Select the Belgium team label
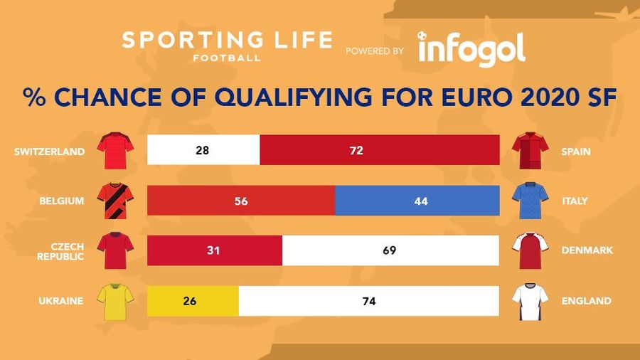pyautogui.click(x=62, y=201)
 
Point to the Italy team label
pyautogui.click(x=574, y=201)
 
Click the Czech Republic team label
pyautogui.click(x=60, y=250)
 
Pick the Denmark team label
pyautogui.click(x=585, y=250)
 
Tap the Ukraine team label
pyautogui.click(x=61, y=301)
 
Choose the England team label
pyautogui.click(x=586, y=301)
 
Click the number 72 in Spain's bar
pyautogui.click(x=356, y=151)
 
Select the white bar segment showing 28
pyautogui.click(x=203, y=151)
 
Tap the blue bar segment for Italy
pyautogui.click(x=417, y=201)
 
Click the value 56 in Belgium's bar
pyautogui.click(x=240, y=201)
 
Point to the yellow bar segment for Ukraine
pyautogui.click(x=193, y=301)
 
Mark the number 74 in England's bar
pyautogui.click(x=368, y=301)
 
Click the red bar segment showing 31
pyautogui.click(x=214, y=250)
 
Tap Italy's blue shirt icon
pyautogui.click(x=530, y=201)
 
